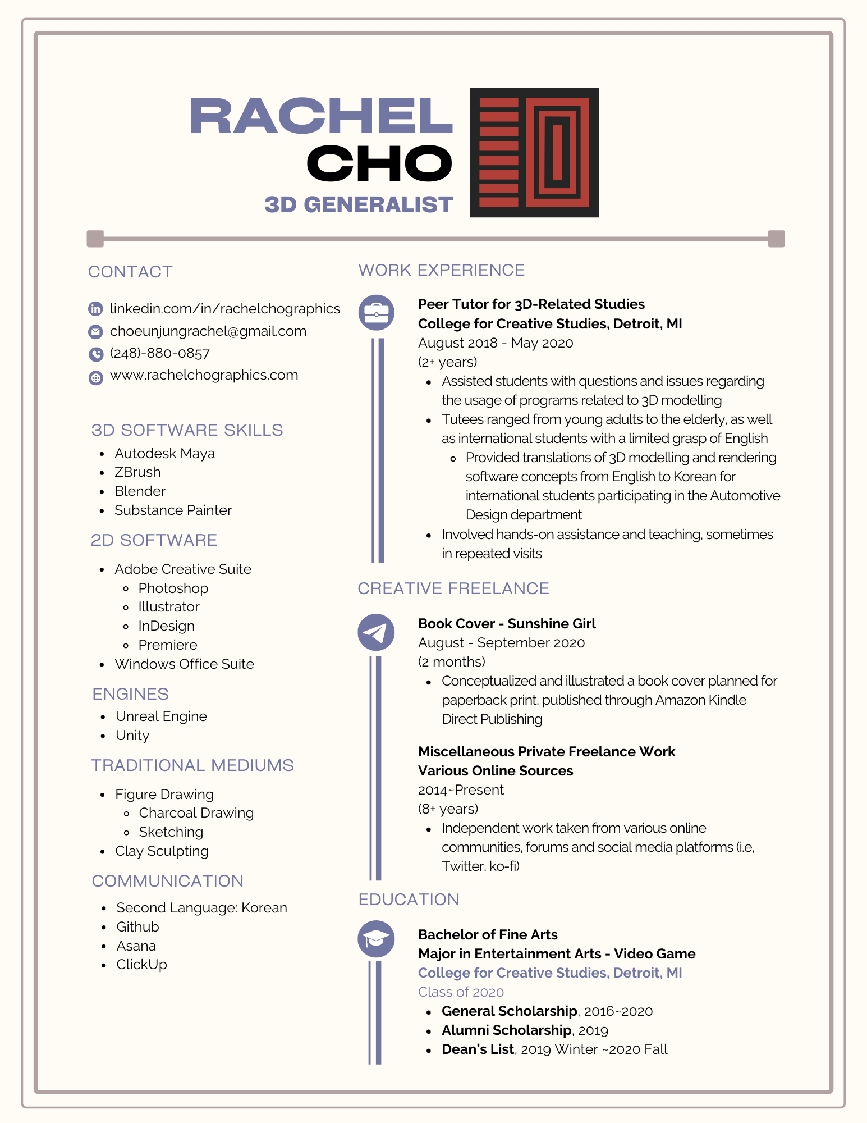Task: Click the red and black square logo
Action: [x=534, y=152]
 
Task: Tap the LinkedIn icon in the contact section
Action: [x=96, y=309]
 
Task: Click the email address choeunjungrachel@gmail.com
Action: [x=208, y=331]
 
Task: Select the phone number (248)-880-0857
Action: [x=159, y=353]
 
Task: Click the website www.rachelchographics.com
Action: [x=204, y=375]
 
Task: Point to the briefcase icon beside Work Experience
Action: [x=376, y=312]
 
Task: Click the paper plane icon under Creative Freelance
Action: [x=376, y=632]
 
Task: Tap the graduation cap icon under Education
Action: [x=376, y=939]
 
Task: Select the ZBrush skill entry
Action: [x=137, y=472]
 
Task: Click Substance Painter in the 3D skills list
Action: [x=173, y=510]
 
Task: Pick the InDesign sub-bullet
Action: [x=166, y=626]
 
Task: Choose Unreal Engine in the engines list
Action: [x=161, y=716]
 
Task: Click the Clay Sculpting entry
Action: [x=162, y=851]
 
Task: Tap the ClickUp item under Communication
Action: [x=141, y=965]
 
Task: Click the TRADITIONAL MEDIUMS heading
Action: [x=192, y=765]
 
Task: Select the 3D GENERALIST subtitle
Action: [x=359, y=205]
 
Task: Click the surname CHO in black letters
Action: [x=379, y=163]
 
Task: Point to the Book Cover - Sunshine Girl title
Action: [x=507, y=624]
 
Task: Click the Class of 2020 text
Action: [x=461, y=992]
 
